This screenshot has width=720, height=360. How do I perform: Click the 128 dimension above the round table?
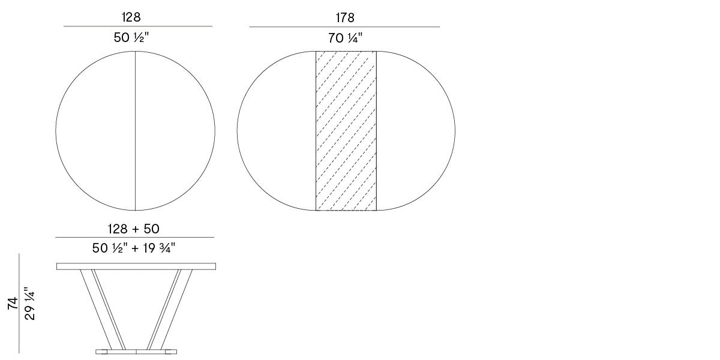131,17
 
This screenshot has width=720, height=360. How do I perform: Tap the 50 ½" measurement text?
131,38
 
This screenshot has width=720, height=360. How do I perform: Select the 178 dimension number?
345,17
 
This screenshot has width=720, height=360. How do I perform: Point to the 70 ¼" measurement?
345,38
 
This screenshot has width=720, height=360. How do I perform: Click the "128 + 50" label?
134,229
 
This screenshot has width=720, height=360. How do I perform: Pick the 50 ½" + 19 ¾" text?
134,248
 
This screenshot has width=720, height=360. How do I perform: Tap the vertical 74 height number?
13,304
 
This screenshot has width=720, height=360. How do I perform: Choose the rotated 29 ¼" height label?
29,304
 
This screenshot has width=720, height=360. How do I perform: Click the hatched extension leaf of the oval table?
346,131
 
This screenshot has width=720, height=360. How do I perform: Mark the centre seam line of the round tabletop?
136,131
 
